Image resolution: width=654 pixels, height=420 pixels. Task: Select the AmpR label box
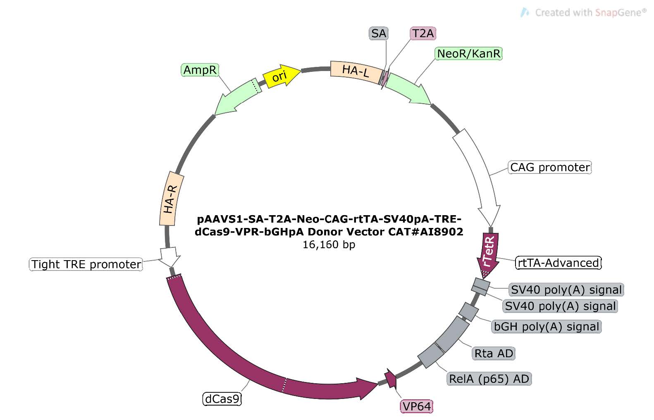pyautogui.click(x=200, y=70)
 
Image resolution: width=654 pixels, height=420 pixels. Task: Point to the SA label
pyautogui.click(x=379, y=33)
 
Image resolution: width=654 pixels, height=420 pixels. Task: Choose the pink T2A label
pyautogui.click(x=423, y=33)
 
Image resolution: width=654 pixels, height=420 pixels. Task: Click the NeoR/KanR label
pyautogui.click(x=469, y=54)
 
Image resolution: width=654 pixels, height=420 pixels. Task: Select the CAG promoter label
pyautogui.click(x=550, y=167)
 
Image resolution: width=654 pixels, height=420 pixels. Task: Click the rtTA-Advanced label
pyautogui.click(x=558, y=263)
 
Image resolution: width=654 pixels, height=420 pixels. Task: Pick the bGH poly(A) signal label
pyautogui.click(x=546, y=326)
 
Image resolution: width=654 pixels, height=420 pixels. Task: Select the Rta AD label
pyautogui.click(x=494, y=353)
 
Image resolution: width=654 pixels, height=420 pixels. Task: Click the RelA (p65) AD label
pyautogui.click(x=489, y=379)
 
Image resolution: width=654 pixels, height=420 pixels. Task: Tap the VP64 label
pyautogui.click(x=416, y=406)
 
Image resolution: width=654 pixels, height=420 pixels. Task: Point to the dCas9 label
pyautogui.click(x=222, y=399)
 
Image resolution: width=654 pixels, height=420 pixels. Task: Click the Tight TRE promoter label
pyautogui.click(x=86, y=264)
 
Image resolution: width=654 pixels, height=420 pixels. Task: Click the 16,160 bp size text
pyautogui.click(x=329, y=244)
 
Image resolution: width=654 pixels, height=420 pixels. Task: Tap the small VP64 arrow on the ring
pyautogui.click(x=391, y=378)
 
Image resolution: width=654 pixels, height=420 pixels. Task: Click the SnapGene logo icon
pyautogui.click(x=525, y=12)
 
